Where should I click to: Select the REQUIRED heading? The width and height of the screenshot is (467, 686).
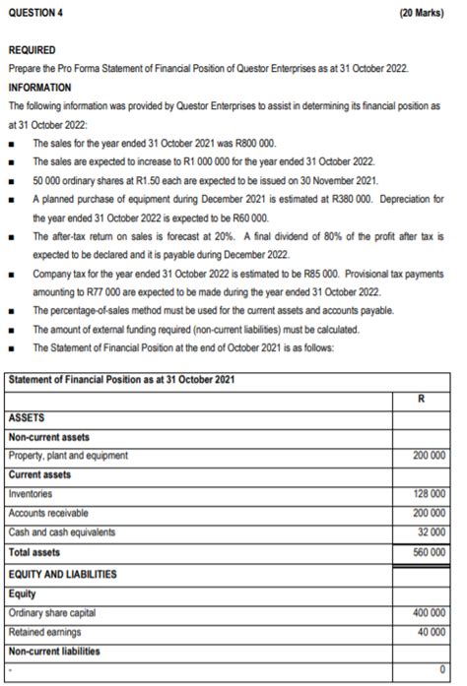point(33,48)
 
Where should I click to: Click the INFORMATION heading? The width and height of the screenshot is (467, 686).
point(39,86)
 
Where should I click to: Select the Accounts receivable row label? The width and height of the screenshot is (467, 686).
point(48,513)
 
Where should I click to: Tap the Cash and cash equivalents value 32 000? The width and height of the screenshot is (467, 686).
point(433,531)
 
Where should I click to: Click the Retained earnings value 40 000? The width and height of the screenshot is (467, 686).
point(433,632)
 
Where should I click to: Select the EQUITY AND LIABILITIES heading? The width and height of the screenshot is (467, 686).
point(61,573)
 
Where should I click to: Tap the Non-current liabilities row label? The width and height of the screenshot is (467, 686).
point(54,651)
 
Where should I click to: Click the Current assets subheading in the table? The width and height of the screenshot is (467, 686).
point(38,474)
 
